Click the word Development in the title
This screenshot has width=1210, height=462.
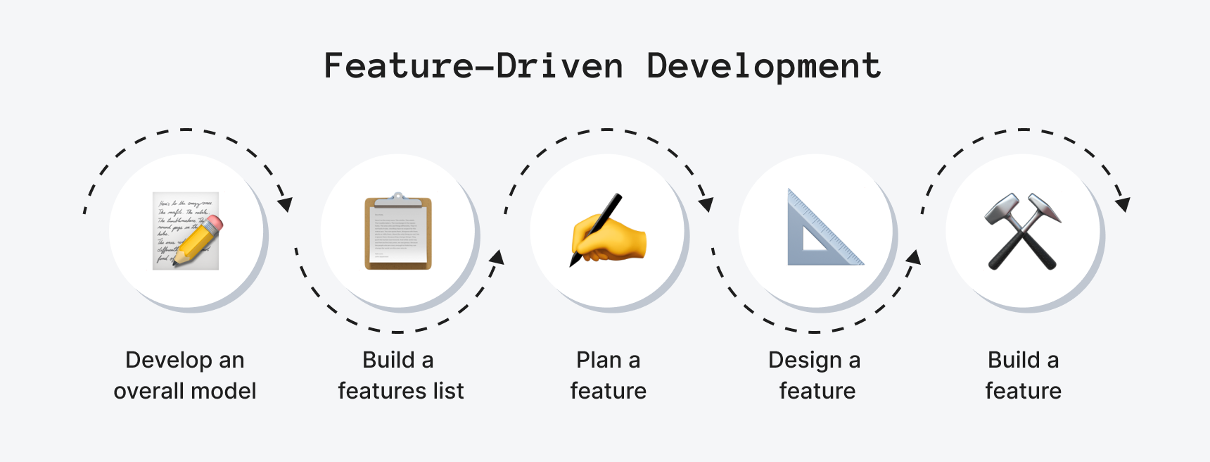coord(763,67)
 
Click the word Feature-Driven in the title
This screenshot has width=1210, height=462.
coord(473,66)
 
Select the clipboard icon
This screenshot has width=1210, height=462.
coord(398,231)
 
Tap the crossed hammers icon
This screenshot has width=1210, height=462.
coord(1023,231)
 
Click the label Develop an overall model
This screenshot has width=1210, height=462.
coord(185,375)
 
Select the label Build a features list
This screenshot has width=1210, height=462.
coord(400,375)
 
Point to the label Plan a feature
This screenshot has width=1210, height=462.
coord(608,375)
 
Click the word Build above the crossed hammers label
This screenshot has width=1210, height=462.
coord(1014,360)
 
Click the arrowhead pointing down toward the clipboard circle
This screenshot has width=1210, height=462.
coord(285,204)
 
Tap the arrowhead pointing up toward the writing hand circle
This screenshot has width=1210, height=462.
coord(497,256)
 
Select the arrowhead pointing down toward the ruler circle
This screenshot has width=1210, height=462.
coord(706,204)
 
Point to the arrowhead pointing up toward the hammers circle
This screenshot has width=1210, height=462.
coord(913,256)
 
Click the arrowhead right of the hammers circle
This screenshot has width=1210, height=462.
coord(1123,204)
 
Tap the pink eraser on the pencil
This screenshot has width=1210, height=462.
coord(215,224)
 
